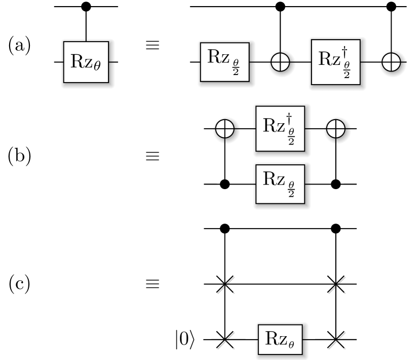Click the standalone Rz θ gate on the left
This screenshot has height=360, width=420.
[86, 62]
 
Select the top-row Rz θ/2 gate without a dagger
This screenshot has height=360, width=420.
[224, 62]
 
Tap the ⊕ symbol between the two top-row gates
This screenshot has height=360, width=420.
[280, 62]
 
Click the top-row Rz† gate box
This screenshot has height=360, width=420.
[335, 62]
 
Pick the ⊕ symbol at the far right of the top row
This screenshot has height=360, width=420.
[391, 62]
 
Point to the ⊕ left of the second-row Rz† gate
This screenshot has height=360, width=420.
[225, 129]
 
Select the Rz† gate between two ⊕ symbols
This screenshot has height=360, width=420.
[280, 128]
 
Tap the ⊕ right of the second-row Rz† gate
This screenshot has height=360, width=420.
[336, 129]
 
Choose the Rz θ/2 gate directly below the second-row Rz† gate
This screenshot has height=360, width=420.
[280, 184]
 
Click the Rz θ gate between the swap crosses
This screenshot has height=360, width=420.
[280, 339]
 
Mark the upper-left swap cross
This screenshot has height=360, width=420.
[225, 285]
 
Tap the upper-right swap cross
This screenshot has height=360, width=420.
[336, 285]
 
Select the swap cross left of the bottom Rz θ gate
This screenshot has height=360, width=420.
[225, 341]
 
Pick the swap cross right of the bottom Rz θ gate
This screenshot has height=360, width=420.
[336, 341]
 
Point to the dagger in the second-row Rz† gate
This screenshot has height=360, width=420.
[289, 118]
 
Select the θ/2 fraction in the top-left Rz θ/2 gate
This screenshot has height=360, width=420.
[236, 67]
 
